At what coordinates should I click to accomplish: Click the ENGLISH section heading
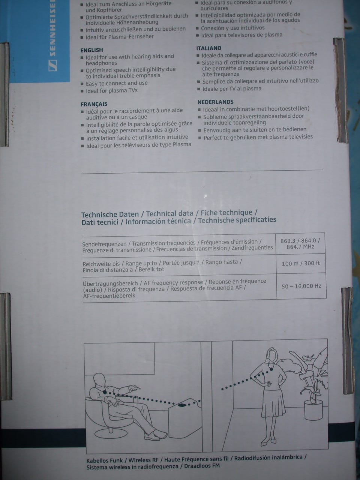[x=91, y=50]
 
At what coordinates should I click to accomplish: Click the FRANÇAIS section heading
[x=94, y=104]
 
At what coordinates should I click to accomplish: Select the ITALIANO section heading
[x=208, y=48]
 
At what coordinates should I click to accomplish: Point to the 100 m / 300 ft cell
[x=301, y=263]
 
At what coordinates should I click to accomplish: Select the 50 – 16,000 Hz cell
[x=301, y=286]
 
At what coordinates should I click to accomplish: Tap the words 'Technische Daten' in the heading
[x=110, y=214]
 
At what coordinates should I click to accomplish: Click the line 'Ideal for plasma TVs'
[x=111, y=91]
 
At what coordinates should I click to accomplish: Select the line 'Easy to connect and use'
[x=116, y=83]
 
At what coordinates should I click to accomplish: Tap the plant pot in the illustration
[x=313, y=410]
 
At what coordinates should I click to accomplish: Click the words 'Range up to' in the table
[x=141, y=264]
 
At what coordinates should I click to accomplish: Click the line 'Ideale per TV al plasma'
[x=231, y=89]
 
